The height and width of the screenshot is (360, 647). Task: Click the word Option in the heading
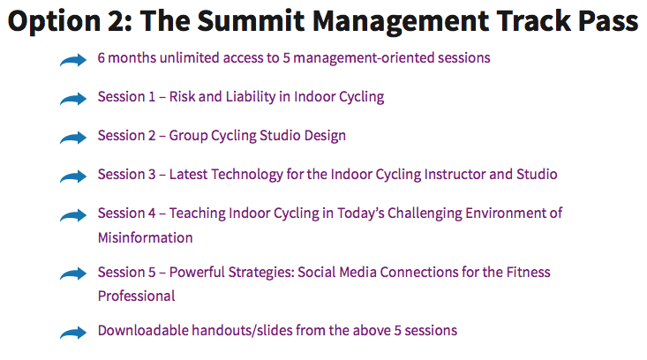coord(55,21)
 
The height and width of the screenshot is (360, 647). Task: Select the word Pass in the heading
coord(608,20)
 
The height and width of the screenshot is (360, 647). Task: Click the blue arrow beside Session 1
coord(73,99)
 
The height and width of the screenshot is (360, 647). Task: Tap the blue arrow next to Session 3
coord(73,176)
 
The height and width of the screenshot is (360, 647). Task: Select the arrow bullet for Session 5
coord(73,274)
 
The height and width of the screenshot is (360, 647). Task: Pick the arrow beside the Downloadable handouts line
coord(73,333)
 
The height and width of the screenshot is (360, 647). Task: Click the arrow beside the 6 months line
coord(73,60)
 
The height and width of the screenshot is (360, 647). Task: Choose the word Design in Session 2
coord(325,136)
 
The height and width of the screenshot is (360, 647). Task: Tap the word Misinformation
coord(146,238)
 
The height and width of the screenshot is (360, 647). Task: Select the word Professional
coord(137,296)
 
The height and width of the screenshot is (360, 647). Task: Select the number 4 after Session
coord(152,214)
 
